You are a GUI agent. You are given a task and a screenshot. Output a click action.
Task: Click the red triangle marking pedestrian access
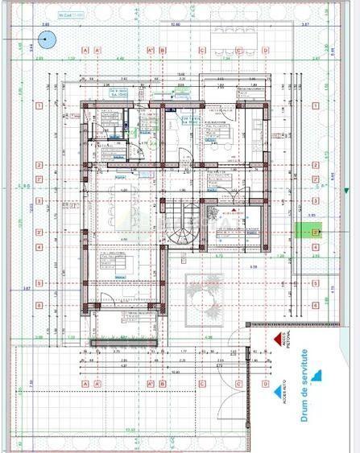[276, 340]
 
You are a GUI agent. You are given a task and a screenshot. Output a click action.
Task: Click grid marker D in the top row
[266, 49]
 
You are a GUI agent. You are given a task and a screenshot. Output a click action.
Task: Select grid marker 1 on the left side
[37, 105]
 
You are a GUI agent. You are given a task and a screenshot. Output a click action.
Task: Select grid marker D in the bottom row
[266, 384]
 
